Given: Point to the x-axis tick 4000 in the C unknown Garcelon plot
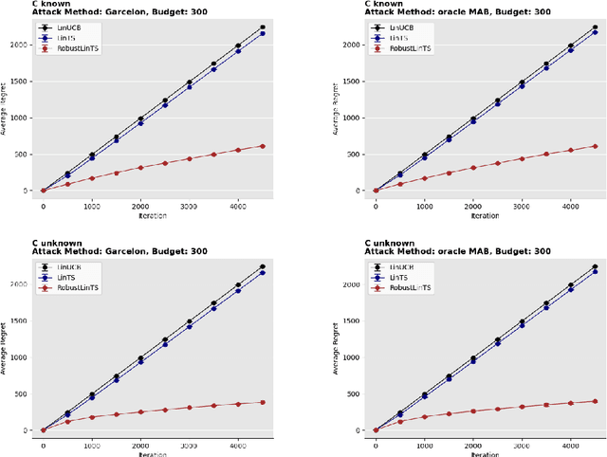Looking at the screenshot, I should pyautogui.click(x=238, y=445).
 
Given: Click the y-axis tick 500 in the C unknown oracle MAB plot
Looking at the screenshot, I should pyautogui.click(x=355, y=393).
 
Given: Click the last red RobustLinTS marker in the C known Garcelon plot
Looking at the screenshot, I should pyautogui.click(x=262, y=146).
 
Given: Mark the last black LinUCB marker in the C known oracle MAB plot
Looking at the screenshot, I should pyautogui.click(x=595, y=27).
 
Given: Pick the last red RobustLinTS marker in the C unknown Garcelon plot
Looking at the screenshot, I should pyautogui.click(x=262, y=402).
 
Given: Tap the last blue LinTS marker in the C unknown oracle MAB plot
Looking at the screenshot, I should pyautogui.click(x=595, y=273).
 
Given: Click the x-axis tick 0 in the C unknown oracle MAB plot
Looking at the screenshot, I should pyautogui.click(x=376, y=445).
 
